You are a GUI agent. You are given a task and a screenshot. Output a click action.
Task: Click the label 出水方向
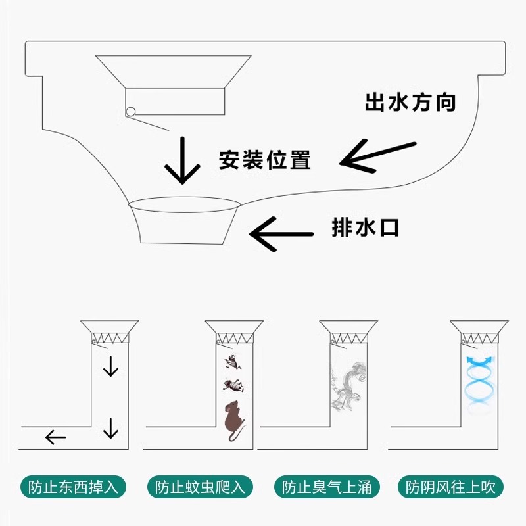pyautogui.click(x=410, y=103)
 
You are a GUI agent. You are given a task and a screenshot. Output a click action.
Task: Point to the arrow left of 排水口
pyautogui.click(x=281, y=233)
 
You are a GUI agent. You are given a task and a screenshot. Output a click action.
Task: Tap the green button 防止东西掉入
pyautogui.click(x=73, y=487)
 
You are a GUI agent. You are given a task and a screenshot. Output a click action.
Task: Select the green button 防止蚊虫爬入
pyautogui.click(x=200, y=487)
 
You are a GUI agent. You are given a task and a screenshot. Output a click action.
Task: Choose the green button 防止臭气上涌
pyautogui.click(x=327, y=487)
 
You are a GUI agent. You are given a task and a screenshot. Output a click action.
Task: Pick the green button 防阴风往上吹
pyautogui.click(x=454, y=487)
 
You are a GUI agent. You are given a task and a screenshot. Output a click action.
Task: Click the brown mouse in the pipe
pyautogui.click(x=233, y=419)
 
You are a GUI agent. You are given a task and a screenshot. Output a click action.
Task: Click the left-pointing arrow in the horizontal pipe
pyautogui.click(x=55, y=437)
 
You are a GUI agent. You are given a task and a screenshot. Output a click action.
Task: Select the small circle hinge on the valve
pyautogui.click(x=131, y=111)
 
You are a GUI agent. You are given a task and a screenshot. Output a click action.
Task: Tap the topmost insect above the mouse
pyautogui.click(x=232, y=361)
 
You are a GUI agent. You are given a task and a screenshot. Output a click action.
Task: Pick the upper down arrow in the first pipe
pyautogui.click(x=110, y=366)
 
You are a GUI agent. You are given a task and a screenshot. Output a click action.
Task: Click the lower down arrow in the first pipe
pyautogui.click(x=110, y=428)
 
